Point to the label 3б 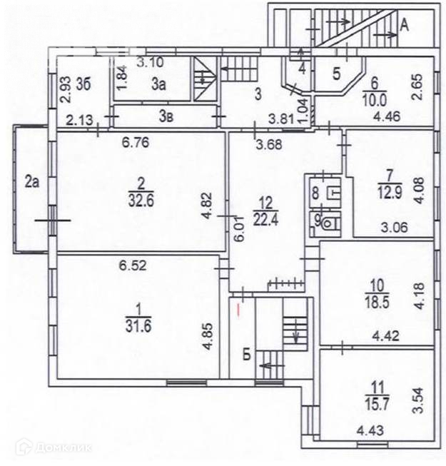point(85,83)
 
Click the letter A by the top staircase point(404,26)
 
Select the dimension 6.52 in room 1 point(133,266)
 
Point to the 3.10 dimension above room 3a point(149,62)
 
